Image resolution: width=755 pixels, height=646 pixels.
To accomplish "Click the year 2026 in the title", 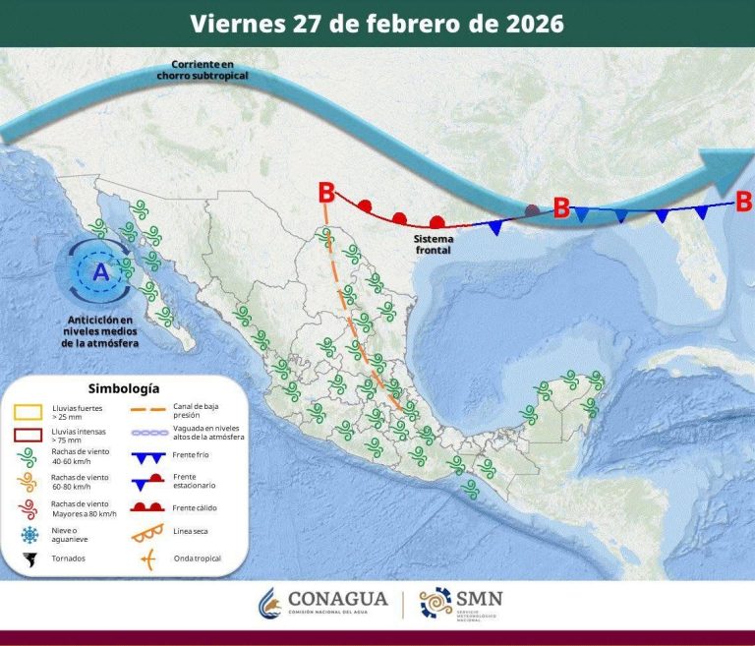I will pyautogui.click(x=531, y=23).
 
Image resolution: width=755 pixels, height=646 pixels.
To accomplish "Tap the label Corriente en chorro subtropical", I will pyautogui.click(x=202, y=70).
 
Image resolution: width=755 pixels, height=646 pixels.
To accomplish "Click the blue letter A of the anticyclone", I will pyautogui.click(x=100, y=272).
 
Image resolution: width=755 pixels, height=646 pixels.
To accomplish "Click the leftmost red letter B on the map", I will pyautogui.click(x=326, y=193).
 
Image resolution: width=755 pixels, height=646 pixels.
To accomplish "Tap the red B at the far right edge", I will pyautogui.click(x=743, y=202).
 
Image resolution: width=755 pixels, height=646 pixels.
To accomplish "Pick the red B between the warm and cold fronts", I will pyautogui.click(x=561, y=207).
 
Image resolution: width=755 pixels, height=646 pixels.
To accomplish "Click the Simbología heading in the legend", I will pyautogui.click(x=124, y=388).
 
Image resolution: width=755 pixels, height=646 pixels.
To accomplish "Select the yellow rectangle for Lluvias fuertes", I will pyautogui.click(x=27, y=410).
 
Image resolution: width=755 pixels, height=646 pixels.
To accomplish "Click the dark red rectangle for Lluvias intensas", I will pyautogui.click(x=27, y=435).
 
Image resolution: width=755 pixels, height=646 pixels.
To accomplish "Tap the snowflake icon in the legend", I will pyautogui.click(x=28, y=534).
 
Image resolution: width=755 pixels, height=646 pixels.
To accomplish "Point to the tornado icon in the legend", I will pyautogui.click(x=28, y=558).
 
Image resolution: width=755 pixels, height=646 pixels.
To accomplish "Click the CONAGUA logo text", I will pyautogui.click(x=339, y=599).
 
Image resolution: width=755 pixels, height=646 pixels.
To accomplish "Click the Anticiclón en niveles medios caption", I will pyautogui.click(x=99, y=331).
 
